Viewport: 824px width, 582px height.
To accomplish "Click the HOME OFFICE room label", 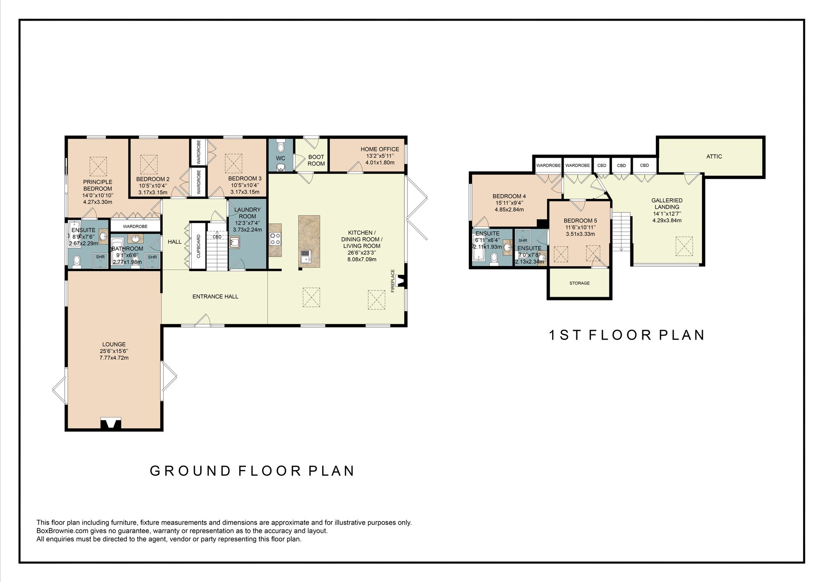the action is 380,149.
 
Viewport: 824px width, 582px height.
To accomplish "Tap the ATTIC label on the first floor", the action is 714,156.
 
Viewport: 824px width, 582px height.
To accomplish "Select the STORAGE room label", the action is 579,283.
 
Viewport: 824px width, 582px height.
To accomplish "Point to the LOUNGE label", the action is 114,345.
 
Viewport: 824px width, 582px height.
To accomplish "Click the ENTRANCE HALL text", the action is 215,296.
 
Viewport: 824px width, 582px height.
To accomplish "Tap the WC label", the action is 281,158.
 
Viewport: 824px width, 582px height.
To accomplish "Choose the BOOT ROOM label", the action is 316,160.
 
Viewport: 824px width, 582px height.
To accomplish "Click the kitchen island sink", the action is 306,256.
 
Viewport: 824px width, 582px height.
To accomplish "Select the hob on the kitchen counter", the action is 275,239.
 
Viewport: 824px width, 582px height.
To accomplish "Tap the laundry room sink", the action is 235,243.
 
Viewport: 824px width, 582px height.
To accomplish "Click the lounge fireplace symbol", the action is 111,424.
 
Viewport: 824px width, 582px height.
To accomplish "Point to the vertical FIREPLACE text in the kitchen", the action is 393,281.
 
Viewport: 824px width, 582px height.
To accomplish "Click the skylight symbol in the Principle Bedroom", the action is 98,166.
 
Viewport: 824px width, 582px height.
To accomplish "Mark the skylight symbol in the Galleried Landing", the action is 684,246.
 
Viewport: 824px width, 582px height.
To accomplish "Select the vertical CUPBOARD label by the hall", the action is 199,246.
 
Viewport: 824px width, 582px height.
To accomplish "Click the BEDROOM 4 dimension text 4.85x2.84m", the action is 509,210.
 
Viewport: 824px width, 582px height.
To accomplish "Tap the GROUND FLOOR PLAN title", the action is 252,471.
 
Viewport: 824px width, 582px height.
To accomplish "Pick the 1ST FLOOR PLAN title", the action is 627,335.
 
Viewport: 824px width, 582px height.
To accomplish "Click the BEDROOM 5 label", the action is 580,221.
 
